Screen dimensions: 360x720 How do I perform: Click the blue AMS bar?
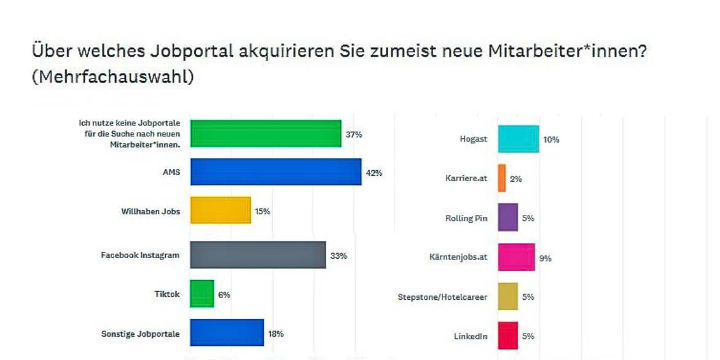coord(276,172)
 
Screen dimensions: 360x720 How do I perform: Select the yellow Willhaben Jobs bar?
coord(221,211)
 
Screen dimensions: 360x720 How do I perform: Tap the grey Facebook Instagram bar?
coord(258,255)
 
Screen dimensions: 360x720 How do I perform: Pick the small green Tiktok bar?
coord(202,294)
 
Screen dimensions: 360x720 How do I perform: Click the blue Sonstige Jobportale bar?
coord(227,333)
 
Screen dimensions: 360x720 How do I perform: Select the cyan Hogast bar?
coord(518,139)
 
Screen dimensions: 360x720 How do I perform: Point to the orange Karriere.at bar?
coord(502,178)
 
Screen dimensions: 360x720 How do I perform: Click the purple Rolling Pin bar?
coord(508,218)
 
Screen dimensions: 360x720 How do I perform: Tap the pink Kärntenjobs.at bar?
coord(517,257)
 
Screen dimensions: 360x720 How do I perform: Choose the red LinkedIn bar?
coord(508,335)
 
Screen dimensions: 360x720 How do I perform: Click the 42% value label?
coord(374,173)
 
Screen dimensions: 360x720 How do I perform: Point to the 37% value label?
coord(353,135)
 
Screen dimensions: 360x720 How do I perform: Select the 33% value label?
coord(338,256)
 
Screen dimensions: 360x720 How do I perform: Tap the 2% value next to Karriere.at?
coord(516,179)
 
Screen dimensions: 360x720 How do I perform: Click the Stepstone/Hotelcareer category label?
coord(442,297)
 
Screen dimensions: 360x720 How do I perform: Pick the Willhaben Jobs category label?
coord(151,211)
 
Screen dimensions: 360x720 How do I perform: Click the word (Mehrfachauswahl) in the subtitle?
coord(113,78)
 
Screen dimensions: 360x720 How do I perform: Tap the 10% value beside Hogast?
coord(551,139)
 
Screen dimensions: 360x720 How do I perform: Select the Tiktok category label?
coord(166,294)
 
